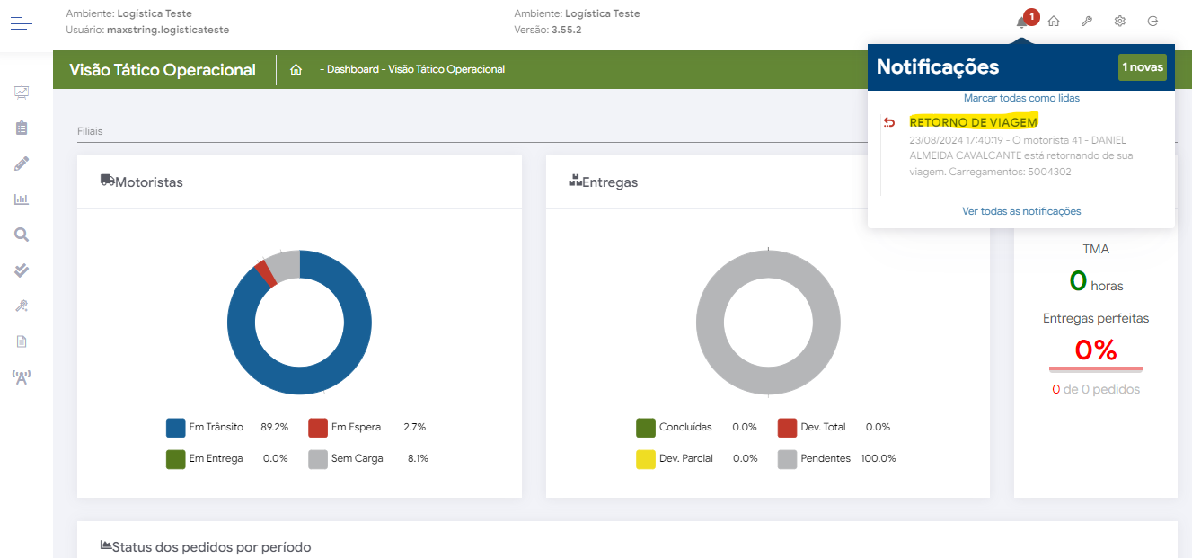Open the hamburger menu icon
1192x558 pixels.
(22, 23)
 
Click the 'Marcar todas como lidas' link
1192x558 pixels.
(1021, 98)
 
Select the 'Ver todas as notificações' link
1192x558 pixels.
(1021, 211)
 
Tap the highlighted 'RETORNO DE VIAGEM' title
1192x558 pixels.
(973, 122)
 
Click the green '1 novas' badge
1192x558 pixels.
(1142, 67)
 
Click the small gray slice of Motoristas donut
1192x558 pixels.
(283, 264)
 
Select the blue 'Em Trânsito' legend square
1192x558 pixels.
(176, 428)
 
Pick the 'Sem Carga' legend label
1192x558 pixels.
(357, 458)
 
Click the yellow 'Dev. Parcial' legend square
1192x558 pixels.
(646, 459)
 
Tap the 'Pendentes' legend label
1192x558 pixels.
(826, 458)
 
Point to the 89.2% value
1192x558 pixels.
(275, 427)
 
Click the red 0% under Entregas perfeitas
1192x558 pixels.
(1095, 350)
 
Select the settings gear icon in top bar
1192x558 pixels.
(1120, 22)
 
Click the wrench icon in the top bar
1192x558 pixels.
(1087, 22)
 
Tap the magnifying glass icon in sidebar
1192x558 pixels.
(22, 235)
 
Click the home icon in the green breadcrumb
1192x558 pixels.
(296, 69)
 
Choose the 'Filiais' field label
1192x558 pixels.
(90, 131)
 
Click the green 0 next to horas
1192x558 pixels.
(1078, 281)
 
